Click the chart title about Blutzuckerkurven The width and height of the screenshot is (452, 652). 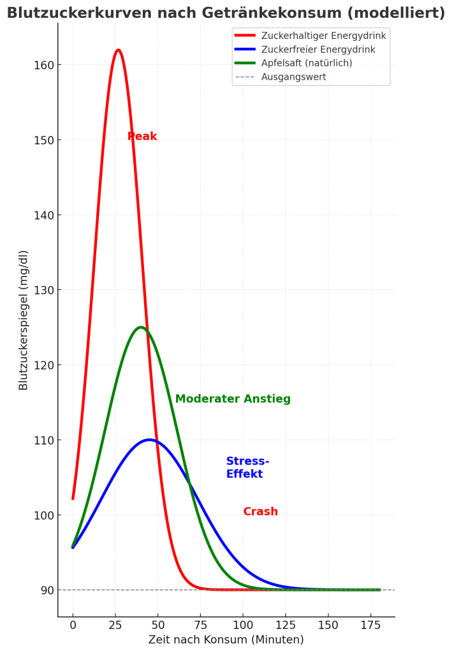pos(226,13)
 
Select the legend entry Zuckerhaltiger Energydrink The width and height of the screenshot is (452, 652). pos(323,36)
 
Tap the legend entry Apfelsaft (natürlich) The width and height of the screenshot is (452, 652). pos(307,63)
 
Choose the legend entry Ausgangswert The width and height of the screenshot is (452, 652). pos(293,77)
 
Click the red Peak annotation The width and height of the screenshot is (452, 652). pos(142,136)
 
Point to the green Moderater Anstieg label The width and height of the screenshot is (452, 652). pos(233,399)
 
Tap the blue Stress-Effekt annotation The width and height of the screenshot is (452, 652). pos(247,468)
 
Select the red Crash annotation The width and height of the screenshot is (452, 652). pos(260,512)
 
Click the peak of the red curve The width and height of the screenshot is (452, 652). pos(118,50)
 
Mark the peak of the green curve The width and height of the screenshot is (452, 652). pos(141,327)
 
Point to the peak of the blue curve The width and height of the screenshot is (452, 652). pos(149,440)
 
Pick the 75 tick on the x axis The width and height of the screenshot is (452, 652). pos(200,625)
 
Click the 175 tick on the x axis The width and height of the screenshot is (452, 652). pos(370,625)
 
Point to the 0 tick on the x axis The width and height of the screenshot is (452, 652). pos(73,625)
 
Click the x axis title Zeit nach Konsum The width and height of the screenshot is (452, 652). pos(226,639)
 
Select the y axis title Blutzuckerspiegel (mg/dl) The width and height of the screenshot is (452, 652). pos(24,320)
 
